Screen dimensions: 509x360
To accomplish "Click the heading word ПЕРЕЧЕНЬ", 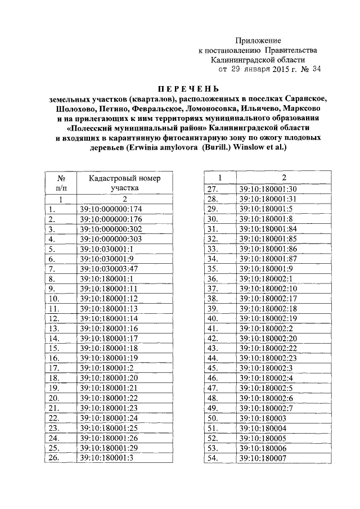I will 179,89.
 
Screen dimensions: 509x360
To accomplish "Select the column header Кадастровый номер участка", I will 124,183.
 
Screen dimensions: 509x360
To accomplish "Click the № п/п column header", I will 59,183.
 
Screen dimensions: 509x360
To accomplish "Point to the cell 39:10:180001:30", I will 268,189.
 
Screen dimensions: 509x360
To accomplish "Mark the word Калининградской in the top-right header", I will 258,60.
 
